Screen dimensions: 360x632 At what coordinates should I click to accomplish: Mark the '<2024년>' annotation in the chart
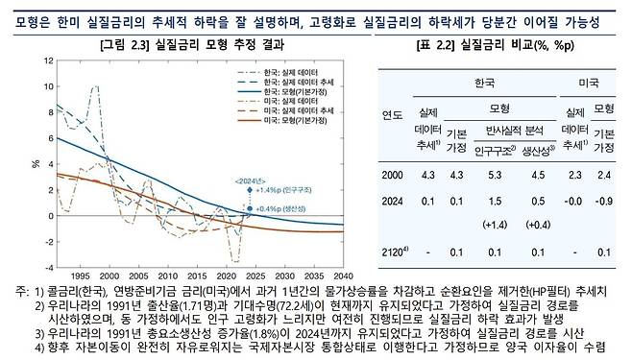[x=251, y=179]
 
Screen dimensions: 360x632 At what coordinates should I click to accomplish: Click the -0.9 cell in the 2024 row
[x=603, y=201]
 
